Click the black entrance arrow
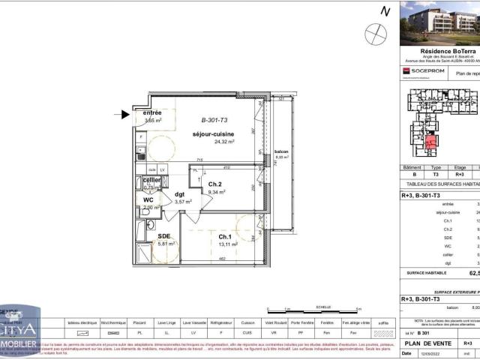tap(125, 115)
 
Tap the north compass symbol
tap(376, 34)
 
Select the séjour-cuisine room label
tap(214, 133)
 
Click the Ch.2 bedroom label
tap(215, 184)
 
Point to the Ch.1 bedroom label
tap(215, 235)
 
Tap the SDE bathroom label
tap(164, 236)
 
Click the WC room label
tap(148, 199)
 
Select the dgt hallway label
tap(180, 193)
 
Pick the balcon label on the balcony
tap(281, 151)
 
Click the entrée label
tap(153, 112)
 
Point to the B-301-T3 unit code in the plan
tap(216, 120)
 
